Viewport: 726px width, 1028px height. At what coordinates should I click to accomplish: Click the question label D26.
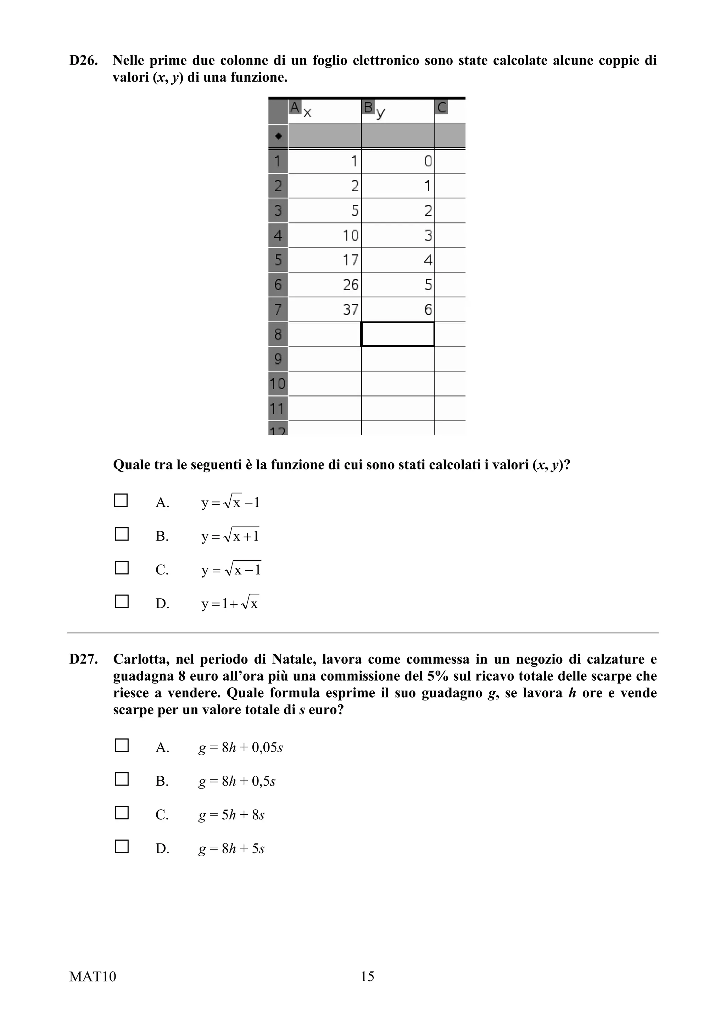83,60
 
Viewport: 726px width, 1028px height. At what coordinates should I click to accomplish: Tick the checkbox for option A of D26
121,500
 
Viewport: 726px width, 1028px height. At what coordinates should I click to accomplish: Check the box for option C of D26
122,568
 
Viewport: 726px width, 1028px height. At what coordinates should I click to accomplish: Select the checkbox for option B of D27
122,779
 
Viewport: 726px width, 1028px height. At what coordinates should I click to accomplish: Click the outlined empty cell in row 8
398,334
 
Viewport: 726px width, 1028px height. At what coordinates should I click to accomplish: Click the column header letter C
441,108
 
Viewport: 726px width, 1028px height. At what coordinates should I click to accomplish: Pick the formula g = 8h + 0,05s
241,747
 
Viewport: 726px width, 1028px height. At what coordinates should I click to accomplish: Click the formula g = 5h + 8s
231,815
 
